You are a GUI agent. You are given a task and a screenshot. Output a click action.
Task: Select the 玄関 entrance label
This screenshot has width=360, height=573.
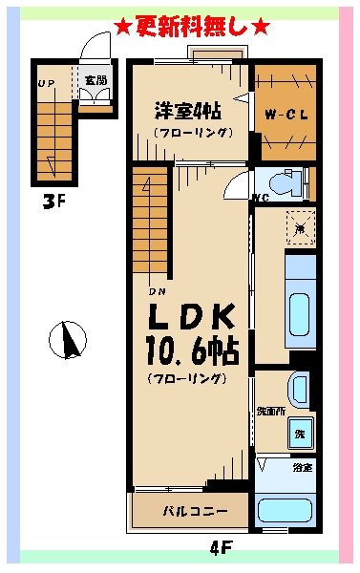95,80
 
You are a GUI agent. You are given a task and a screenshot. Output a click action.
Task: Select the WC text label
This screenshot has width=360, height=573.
260,201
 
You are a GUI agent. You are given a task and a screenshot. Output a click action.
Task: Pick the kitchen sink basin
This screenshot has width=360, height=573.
299,311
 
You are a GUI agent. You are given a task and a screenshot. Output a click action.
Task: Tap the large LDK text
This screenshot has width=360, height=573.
190,316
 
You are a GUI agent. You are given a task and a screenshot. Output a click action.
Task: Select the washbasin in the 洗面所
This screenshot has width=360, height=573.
299,388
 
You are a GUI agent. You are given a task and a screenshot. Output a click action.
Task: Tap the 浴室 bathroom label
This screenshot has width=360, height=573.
303,467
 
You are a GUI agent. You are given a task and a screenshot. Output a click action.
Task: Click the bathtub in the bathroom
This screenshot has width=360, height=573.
286,508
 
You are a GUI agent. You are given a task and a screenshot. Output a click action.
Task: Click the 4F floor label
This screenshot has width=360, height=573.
222,548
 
